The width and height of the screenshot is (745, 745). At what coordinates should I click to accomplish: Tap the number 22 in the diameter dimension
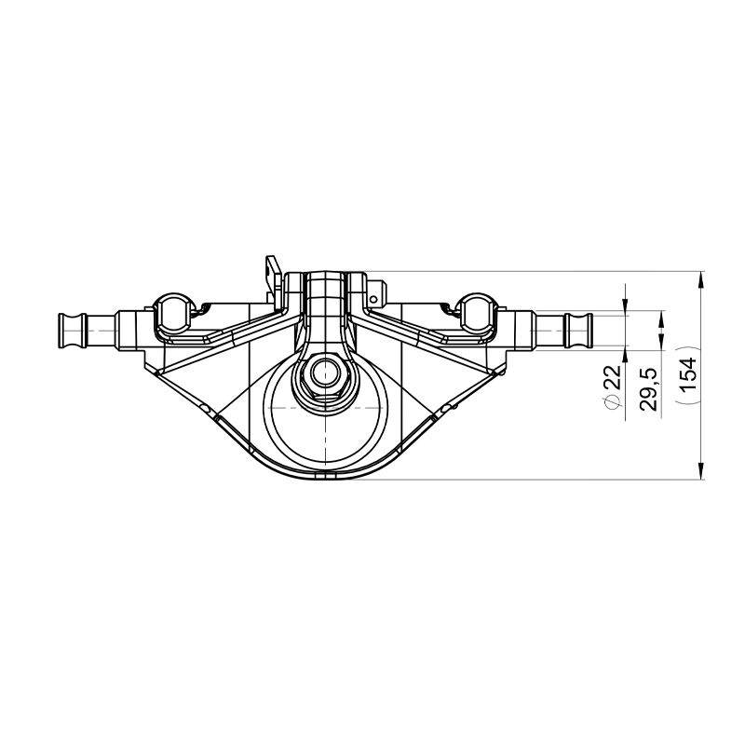(612, 378)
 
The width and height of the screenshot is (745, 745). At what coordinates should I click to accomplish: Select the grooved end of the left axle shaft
(71, 329)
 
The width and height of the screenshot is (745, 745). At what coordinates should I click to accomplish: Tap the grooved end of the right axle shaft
(579, 329)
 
